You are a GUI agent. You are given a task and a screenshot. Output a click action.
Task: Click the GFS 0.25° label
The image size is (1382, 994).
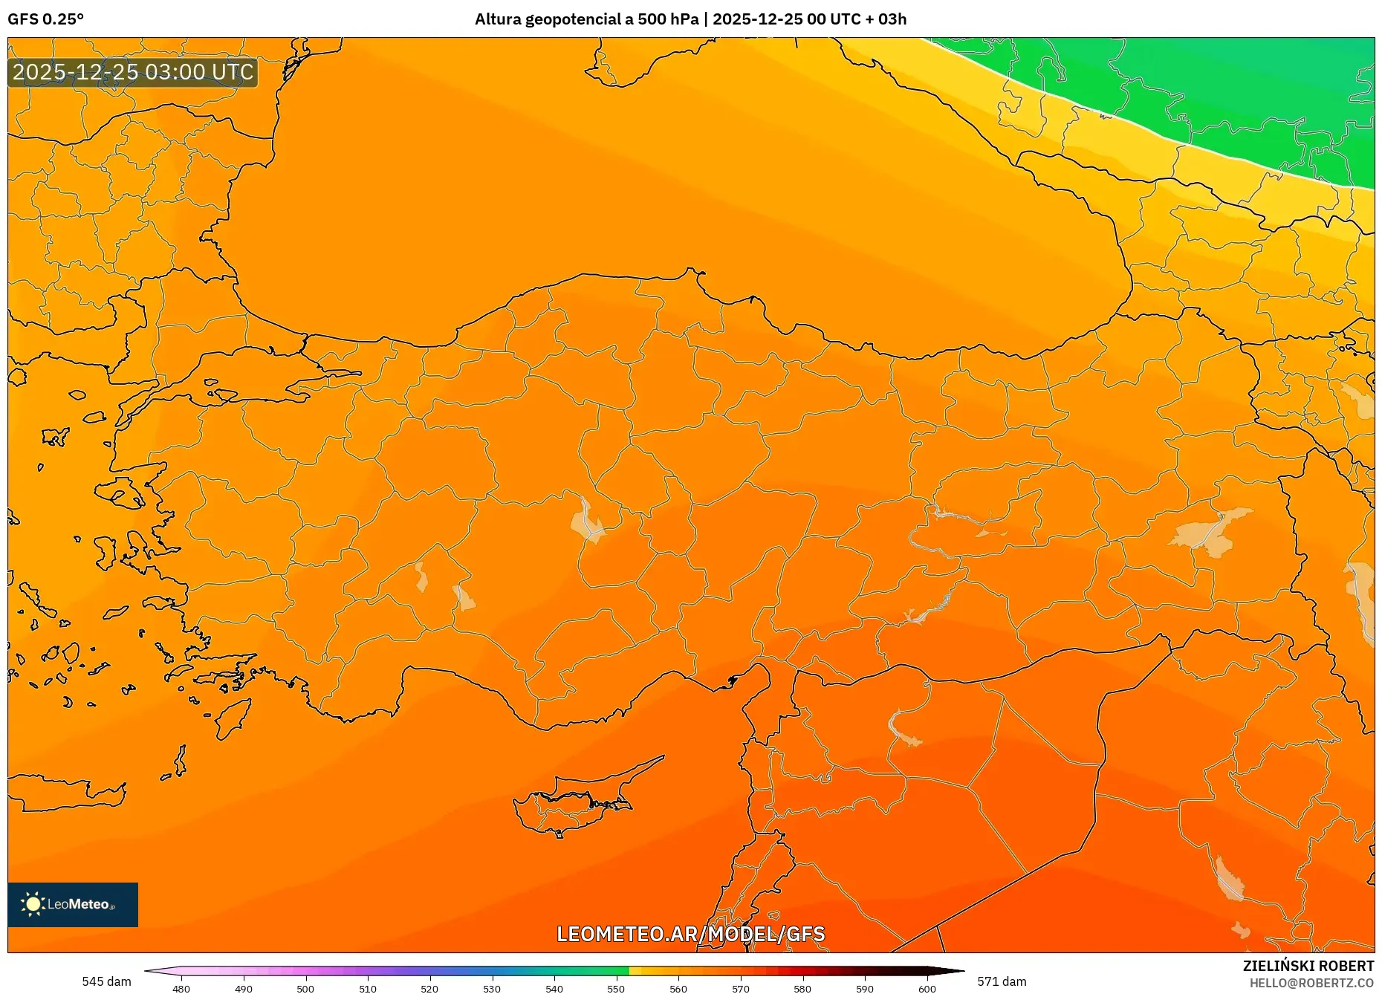tap(45, 19)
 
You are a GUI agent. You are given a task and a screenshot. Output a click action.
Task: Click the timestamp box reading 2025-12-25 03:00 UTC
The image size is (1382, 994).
tap(133, 72)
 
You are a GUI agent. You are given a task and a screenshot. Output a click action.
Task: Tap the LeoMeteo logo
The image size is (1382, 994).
tap(73, 904)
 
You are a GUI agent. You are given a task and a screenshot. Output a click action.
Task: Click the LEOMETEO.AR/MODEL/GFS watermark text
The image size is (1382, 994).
tap(690, 934)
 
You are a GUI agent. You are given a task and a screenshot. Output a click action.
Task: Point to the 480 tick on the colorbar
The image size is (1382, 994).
tap(181, 988)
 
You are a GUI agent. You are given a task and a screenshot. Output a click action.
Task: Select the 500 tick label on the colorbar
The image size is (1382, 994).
tap(305, 988)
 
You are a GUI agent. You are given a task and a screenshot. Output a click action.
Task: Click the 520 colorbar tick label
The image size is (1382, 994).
tap(429, 988)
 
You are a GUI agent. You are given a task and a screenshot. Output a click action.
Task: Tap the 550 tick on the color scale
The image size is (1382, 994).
tap(616, 988)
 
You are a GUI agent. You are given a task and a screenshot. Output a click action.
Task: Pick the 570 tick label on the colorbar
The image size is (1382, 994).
tap(740, 988)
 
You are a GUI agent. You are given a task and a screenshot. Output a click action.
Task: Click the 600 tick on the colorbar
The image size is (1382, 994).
tap(927, 988)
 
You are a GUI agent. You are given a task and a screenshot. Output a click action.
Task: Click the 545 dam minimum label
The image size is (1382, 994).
tap(106, 981)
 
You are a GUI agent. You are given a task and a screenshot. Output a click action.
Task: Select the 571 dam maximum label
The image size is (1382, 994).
tap(1002, 981)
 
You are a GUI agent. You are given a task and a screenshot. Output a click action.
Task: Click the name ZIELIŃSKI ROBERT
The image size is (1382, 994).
tap(1308, 966)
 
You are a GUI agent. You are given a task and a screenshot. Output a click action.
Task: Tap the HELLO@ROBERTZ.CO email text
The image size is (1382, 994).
tap(1311, 983)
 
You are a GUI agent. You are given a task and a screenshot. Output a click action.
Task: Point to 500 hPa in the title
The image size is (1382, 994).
tap(668, 19)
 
